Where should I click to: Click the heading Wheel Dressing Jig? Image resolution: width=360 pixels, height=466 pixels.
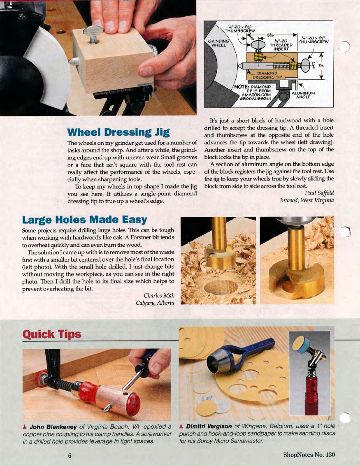pos(118,132)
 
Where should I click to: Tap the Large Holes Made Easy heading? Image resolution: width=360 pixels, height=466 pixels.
pos(84,220)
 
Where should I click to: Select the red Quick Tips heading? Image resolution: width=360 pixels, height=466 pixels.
pos(52,334)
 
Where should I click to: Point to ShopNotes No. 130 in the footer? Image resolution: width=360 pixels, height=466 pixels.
pos(309,455)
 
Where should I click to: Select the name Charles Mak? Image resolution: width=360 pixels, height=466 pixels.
pos(159,295)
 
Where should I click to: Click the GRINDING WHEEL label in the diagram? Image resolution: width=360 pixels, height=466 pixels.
pos(218,43)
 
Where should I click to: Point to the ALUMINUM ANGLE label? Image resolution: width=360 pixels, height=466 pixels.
pos(303,95)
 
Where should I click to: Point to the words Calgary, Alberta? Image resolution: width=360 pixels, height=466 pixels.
pos(155,303)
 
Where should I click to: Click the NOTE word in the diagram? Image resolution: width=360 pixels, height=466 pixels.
pos(242,86)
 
